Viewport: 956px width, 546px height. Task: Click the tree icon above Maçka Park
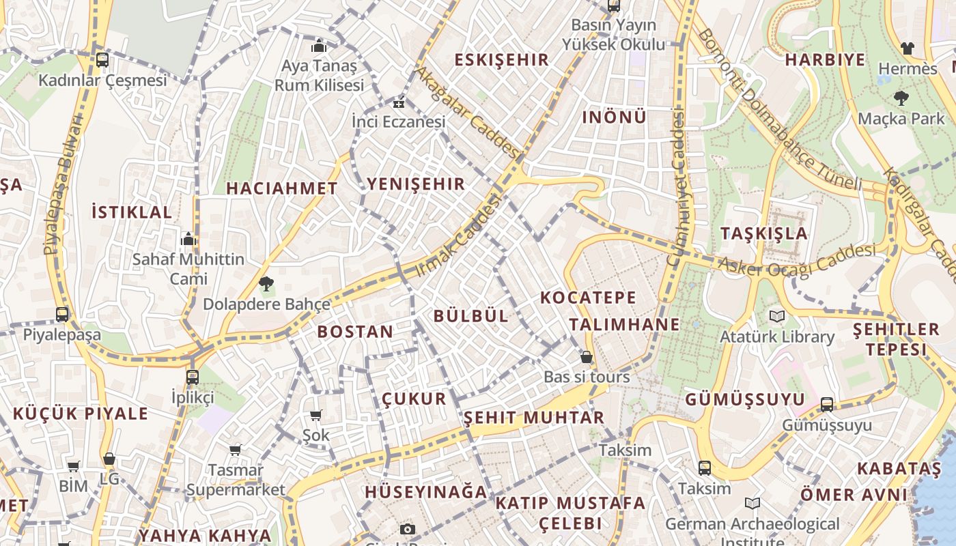(901, 98)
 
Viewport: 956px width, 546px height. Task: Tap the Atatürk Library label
(777, 336)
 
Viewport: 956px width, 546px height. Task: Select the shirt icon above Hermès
(907, 48)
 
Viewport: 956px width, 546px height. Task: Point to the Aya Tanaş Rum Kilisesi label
(319, 76)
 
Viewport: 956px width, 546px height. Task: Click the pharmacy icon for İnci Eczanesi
(398, 104)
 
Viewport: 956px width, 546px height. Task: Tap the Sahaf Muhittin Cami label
(188, 269)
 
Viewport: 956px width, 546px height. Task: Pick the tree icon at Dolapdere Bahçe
(266, 283)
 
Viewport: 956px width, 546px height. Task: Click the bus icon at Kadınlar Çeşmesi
(102, 60)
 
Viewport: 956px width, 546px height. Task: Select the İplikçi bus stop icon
(193, 377)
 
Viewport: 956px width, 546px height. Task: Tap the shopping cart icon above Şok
(315, 416)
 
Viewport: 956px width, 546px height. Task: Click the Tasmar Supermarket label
(236, 480)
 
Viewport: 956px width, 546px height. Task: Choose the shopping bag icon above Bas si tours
(586, 357)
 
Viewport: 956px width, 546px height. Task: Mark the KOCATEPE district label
(588, 298)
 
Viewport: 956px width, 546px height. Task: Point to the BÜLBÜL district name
(471, 315)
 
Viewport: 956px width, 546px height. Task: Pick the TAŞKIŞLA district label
(764, 233)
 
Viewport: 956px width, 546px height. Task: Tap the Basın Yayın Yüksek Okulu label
(613, 35)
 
